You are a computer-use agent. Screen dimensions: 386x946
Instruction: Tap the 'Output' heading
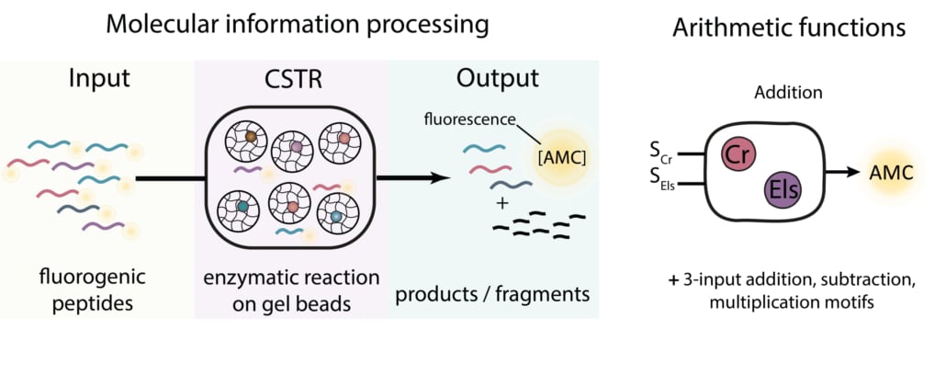pyautogui.click(x=498, y=77)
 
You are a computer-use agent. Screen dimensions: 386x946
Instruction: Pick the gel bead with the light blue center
pyautogui.click(x=335, y=217)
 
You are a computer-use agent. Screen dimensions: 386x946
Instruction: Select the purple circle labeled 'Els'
pyautogui.click(x=782, y=192)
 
